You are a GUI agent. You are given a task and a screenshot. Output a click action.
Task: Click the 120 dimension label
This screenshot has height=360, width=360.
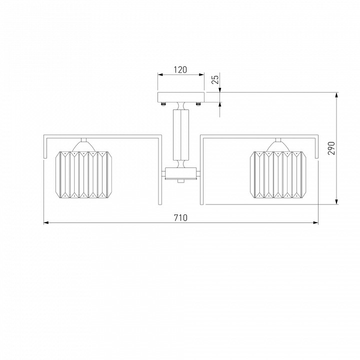(180, 69)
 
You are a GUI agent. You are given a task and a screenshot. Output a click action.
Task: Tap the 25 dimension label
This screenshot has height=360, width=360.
(215, 79)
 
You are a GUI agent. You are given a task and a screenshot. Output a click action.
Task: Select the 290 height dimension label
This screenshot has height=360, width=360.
(331, 148)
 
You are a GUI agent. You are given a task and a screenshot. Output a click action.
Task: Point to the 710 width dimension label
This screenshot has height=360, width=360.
(180, 217)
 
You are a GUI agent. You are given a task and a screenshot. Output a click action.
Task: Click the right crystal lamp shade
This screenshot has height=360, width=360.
(278, 174)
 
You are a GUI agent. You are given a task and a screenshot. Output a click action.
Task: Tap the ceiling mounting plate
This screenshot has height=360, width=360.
(181, 97)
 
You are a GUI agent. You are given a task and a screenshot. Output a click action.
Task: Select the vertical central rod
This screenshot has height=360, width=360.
(181, 135)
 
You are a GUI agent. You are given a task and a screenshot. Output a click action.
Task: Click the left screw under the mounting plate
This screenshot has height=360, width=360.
(163, 104)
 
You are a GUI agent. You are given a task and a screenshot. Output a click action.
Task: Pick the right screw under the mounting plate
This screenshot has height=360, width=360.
(198, 104)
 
